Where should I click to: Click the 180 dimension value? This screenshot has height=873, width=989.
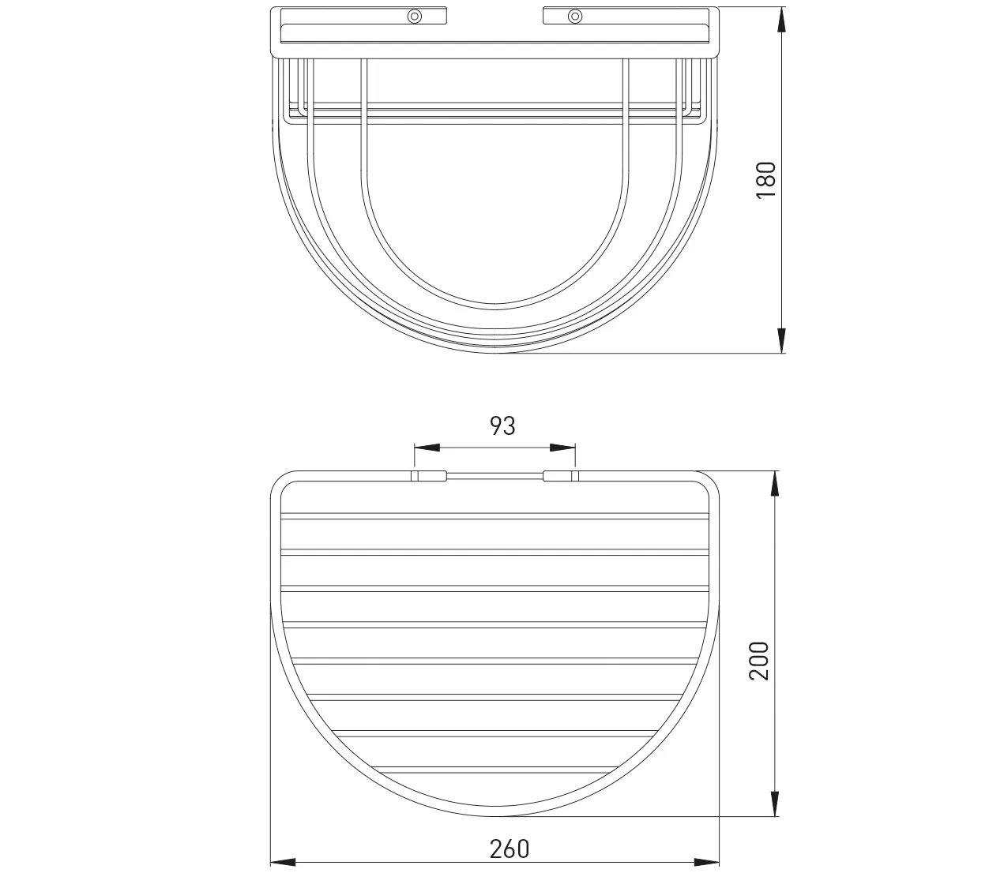click(x=765, y=179)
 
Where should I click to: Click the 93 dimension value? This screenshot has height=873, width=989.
click(x=502, y=425)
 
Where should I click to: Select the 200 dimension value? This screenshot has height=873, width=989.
click(x=758, y=661)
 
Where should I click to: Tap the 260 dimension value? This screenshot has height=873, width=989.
click(x=510, y=849)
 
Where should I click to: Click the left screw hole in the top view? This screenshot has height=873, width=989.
click(x=415, y=16)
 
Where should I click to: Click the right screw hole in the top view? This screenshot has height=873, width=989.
click(x=575, y=16)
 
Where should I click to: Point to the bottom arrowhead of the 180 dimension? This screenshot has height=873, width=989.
click(x=781, y=340)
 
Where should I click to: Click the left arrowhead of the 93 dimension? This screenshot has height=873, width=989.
click(x=427, y=448)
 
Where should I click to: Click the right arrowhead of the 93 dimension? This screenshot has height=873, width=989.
click(x=562, y=448)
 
